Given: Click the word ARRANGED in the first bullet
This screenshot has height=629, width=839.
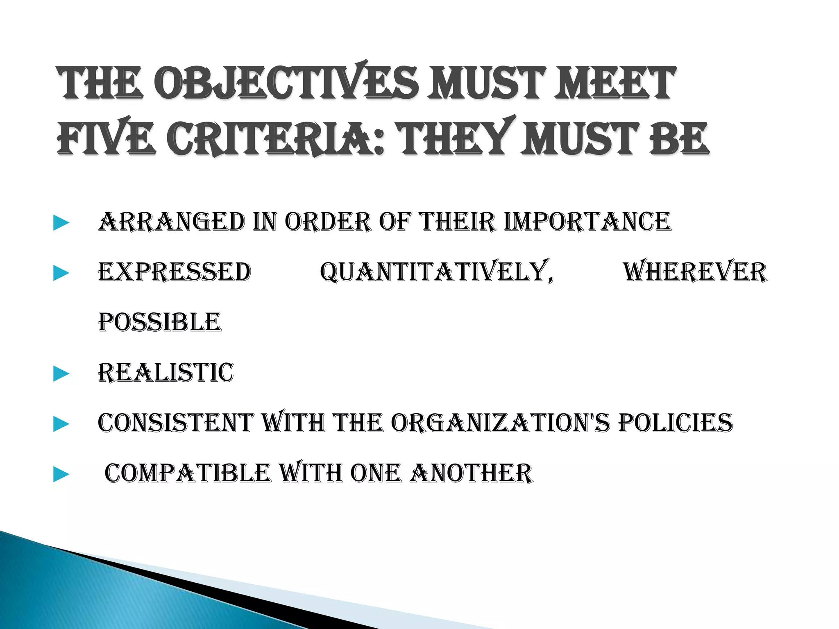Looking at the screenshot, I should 172,222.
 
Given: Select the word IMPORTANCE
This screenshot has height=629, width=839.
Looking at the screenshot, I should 587,222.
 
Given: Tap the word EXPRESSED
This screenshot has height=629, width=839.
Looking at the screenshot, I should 175,272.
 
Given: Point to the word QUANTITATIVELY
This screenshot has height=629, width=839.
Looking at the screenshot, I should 437,272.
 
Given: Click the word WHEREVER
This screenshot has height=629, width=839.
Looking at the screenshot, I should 695,272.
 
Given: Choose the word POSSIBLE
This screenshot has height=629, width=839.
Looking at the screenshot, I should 160,322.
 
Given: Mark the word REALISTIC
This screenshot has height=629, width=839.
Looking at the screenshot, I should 166,373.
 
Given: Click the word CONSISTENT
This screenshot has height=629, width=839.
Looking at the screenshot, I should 176,423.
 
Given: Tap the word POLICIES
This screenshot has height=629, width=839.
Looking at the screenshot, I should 675,423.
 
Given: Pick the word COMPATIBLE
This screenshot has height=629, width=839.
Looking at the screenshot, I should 188,473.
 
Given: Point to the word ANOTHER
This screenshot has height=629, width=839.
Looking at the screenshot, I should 471,473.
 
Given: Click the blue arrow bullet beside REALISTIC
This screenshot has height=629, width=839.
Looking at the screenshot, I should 61,374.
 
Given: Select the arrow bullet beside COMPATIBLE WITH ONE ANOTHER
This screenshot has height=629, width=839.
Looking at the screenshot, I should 61,475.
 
